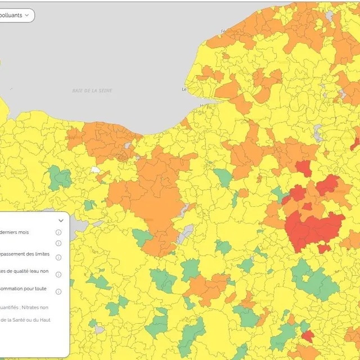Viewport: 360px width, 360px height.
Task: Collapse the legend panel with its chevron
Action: [x=61, y=220]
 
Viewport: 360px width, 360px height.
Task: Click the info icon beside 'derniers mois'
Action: [x=58, y=232]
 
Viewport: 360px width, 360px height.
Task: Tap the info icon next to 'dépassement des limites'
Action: [x=58, y=256]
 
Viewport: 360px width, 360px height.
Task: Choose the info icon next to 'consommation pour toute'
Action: [x=58, y=291]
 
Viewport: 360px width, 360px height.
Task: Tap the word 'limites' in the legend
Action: [x=42, y=254]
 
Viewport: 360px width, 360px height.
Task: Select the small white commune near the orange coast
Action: [x=96, y=169]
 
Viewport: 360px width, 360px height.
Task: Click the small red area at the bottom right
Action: [x=307, y=336]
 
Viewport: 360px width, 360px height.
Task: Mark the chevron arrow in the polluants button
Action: [x=26, y=15]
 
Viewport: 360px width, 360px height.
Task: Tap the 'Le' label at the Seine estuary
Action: [x=184, y=89]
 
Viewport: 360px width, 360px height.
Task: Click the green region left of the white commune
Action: [x=60, y=178]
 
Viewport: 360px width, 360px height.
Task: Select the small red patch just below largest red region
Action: [x=323, y=248]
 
